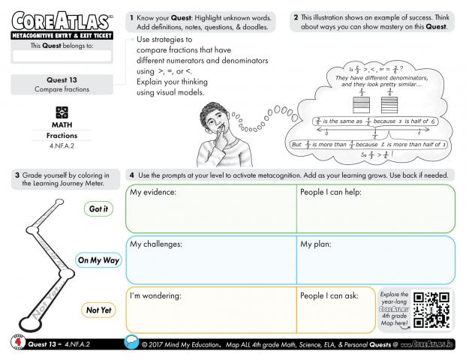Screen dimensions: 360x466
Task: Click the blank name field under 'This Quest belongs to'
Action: (x=62, y=55)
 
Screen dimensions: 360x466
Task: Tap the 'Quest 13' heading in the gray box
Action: (x=62, y=79)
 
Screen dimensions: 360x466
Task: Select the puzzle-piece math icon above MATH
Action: (x=62, y=110)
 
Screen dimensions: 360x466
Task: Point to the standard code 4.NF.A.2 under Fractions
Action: (x=62, y=148)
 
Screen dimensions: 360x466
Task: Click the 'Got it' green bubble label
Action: (x=98, y=209)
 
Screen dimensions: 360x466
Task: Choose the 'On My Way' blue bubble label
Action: (x=98, y=260)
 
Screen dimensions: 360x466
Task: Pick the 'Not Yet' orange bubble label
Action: (x=98, y=310)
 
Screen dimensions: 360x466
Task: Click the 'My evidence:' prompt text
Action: (x=153, y=193)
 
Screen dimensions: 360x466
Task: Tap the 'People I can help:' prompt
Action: (x=331, y=193)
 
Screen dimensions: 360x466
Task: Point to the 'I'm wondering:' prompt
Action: (x=155, y=295)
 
